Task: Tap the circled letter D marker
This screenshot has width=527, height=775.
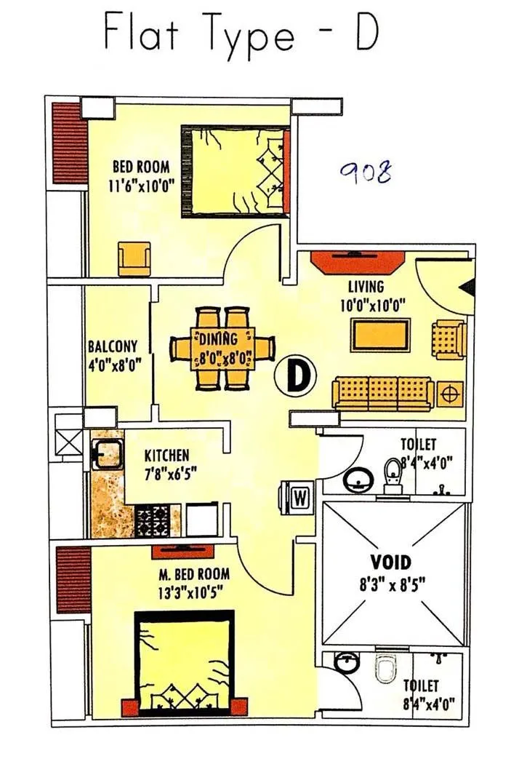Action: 297,375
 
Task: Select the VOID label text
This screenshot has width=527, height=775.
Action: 391,562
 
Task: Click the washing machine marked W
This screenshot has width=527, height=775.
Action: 299,499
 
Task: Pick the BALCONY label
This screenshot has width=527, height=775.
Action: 113,346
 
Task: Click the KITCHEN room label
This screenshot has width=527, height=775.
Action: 166,456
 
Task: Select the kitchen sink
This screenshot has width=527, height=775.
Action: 106,456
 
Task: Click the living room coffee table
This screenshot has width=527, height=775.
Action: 380,335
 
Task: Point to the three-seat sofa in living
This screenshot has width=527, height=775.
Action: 383,393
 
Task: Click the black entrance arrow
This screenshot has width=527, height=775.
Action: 468,288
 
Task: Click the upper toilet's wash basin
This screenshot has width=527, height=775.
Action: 358,478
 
